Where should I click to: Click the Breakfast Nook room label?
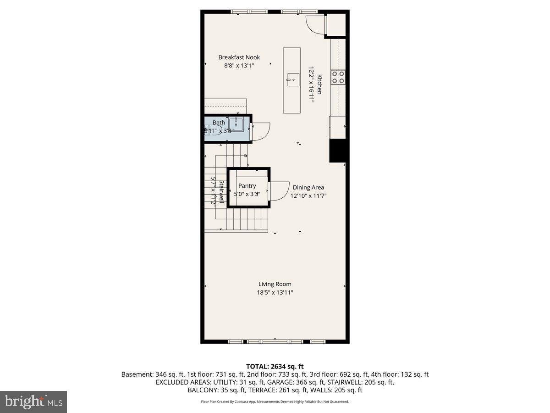tap(239, 57)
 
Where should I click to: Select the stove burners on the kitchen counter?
tap(338, 77)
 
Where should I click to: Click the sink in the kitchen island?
tap(292, 80)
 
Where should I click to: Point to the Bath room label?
tap(219, 123)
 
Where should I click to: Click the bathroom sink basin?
tap(237, 124)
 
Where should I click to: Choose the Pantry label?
tap(247, 186)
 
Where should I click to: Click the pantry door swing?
tap(277, 191)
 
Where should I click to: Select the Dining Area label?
tap(308, 187)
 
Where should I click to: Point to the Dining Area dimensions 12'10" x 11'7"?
tap(308, 195)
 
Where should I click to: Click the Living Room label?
tap(275, 284)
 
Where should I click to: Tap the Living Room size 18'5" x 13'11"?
tap(275, 292)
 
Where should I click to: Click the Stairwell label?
tap(221, 192)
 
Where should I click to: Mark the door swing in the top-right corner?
tap(315, 24)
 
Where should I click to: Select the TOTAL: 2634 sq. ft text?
tap(275, 366)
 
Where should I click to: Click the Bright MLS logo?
tap(33, 402)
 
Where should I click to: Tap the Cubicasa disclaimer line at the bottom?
tap(275, 402)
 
